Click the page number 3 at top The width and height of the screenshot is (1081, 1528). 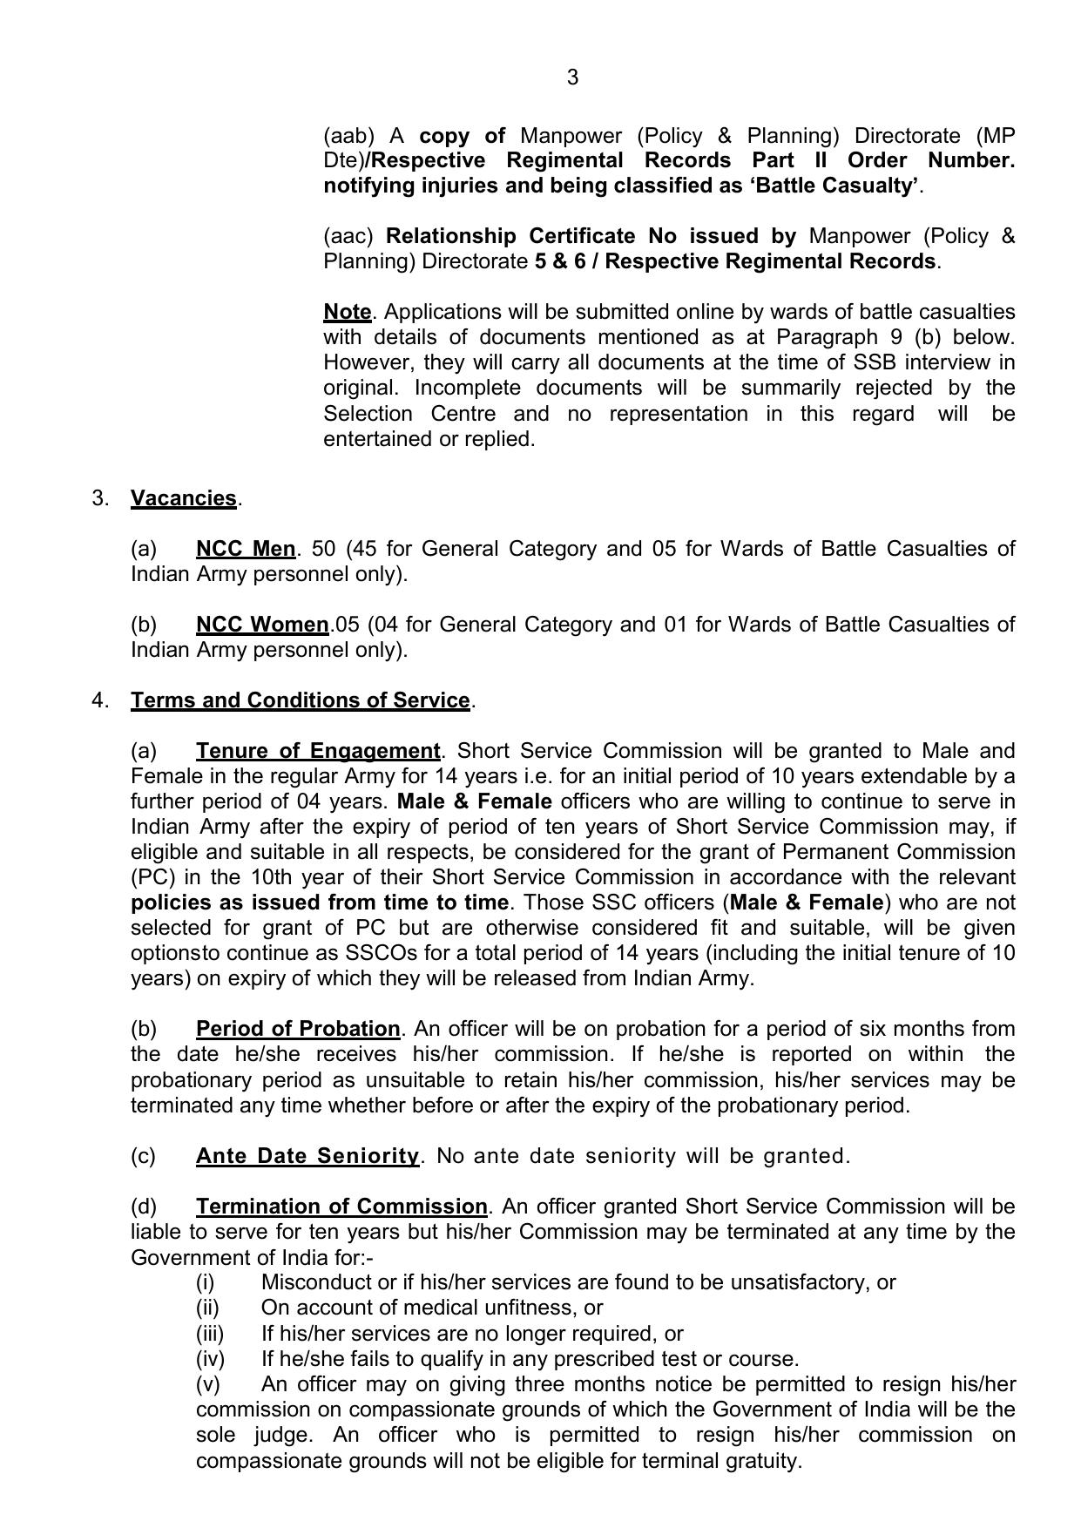pos(572,78)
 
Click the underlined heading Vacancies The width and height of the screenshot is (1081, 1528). pos(183,498)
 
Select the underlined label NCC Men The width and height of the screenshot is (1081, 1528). pos(246,549)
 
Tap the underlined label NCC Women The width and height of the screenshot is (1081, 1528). pos(262,625)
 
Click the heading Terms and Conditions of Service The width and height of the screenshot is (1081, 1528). pos(300,700)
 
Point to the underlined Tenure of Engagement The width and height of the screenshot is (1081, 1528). pos(318,751)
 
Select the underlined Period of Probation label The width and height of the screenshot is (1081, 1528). pos(298,1029)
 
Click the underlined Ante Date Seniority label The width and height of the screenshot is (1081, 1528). pos(307,1156)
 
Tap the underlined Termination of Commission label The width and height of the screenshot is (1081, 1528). pos(341,1207)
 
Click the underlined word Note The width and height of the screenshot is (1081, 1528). pos(347,312)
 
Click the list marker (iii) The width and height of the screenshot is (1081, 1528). pos(210,1334)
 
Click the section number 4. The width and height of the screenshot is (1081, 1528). pos(99,700)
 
